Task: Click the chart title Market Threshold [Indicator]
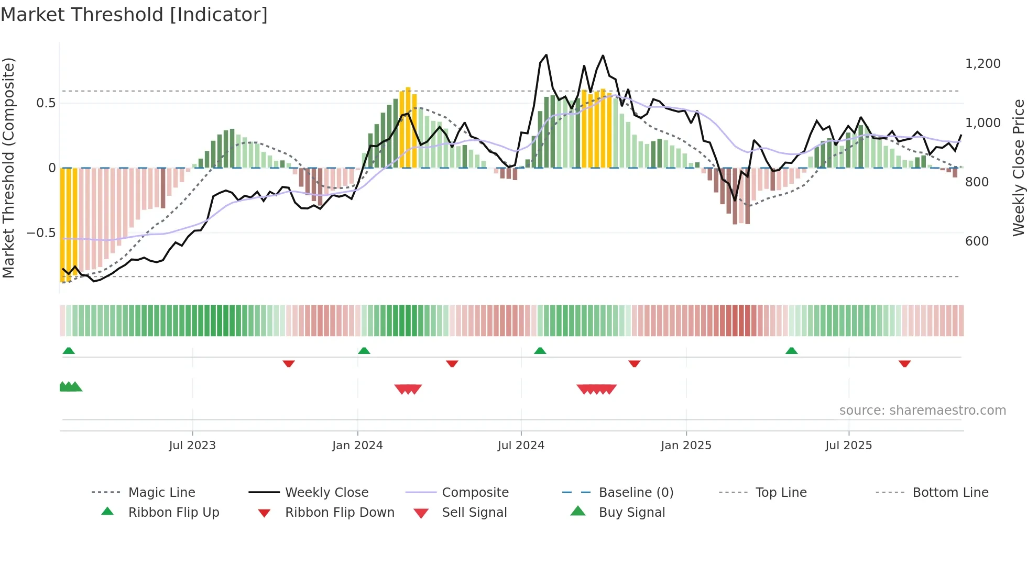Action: [x=134, y=15]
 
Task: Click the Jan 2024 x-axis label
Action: [x=357, y=446]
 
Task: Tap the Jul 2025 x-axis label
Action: [x=848, y=446]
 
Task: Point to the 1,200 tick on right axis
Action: [x=982, y=64]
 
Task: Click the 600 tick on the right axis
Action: [x=977, y=241]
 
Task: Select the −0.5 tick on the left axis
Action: [x=41, y=232]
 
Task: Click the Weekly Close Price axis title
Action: [x=1018, y=168]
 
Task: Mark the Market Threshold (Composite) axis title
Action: [x=8, y=168]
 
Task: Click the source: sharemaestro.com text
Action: [x=922, y=410]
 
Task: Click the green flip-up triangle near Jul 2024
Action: [x=540, y=351]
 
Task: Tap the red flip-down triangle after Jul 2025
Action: [x=904, y=363]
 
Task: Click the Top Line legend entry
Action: [x=781, y=492]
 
